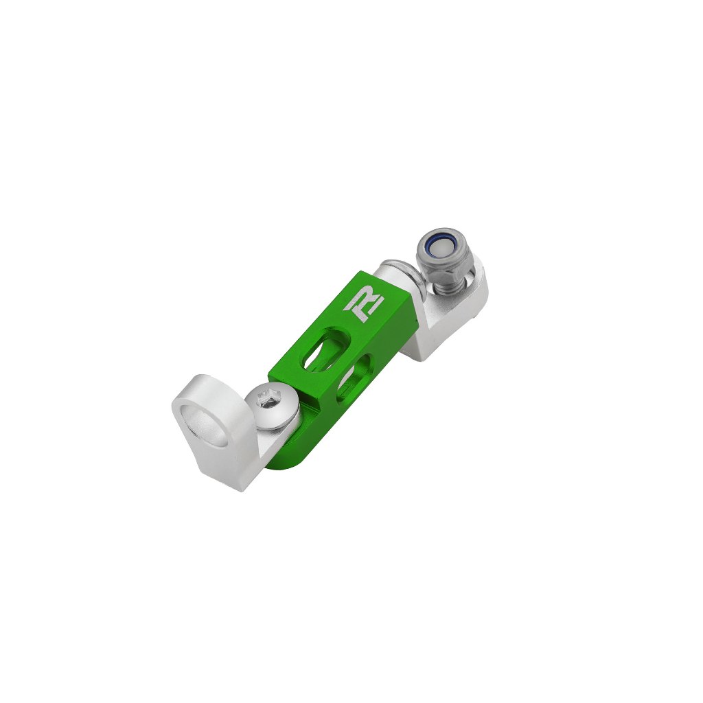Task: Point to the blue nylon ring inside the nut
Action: point(439,246)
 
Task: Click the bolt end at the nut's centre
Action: point(439,246)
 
